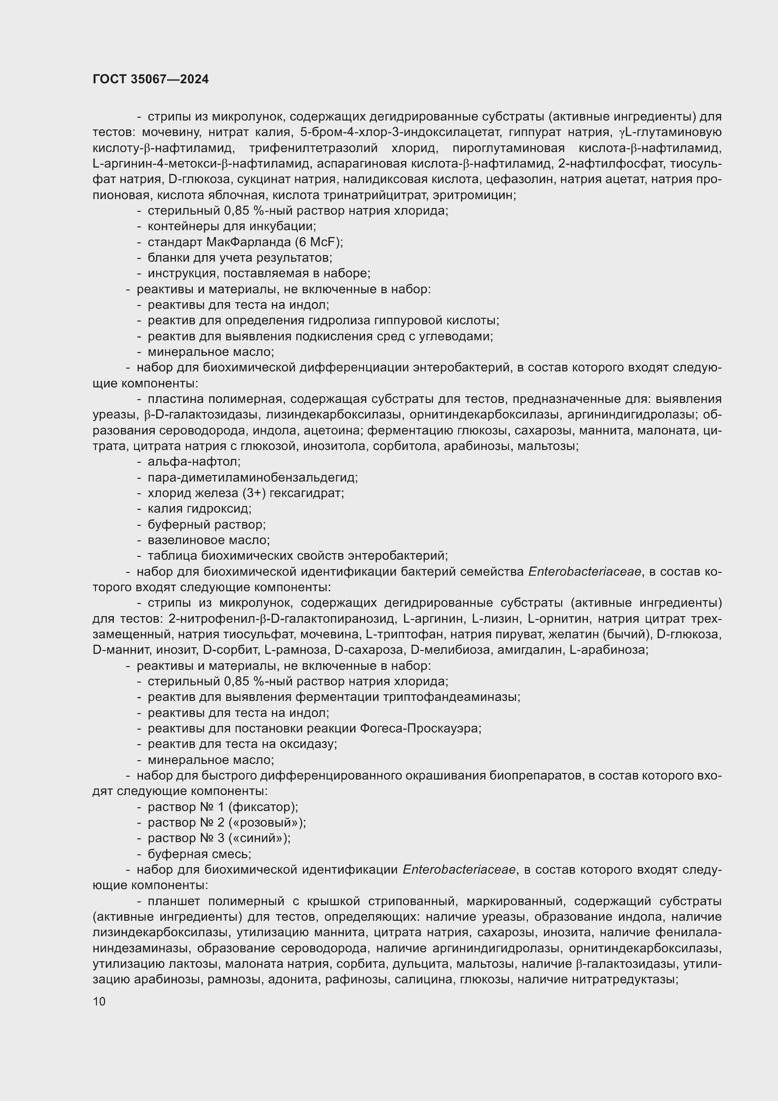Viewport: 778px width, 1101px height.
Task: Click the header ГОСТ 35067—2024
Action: tap(151, 79)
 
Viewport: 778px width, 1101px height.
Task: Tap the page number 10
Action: tap(99, 1001)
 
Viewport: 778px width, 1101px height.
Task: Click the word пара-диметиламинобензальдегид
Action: tap(252, 478)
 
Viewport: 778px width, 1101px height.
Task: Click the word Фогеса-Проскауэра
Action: tap(420, 728)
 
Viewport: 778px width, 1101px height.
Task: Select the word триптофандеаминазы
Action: tap(451, 697)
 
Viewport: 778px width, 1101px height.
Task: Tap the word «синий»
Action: tap(259, 838)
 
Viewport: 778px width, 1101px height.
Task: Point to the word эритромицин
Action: tap(474, 195)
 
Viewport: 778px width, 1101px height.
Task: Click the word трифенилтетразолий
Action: tap(313, 148)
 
